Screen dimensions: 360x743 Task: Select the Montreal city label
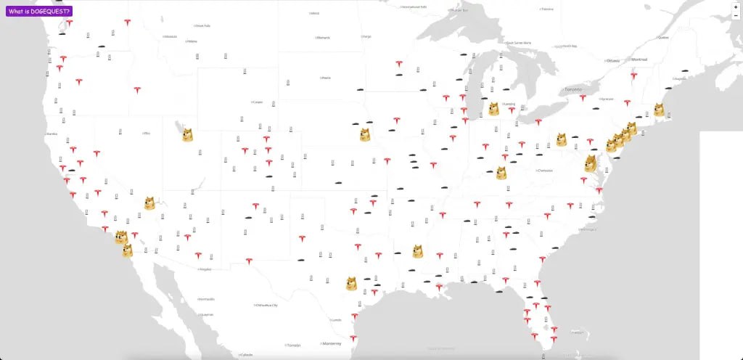point(639,59)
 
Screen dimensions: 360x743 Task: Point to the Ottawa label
point(613,60)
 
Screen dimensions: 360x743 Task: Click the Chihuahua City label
point(266,306)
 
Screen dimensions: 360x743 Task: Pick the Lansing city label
point(509,105)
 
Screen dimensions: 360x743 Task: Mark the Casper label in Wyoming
point(258,102)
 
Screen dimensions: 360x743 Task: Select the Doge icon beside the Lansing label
point(493,109)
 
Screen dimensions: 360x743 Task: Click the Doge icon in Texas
point(351,283)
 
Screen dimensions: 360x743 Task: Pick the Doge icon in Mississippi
point(418,251)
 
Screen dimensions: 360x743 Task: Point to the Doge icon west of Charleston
point(501,173)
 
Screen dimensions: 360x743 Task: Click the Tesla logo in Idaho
point(137,91)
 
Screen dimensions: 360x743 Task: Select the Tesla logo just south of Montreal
point(633,76)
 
